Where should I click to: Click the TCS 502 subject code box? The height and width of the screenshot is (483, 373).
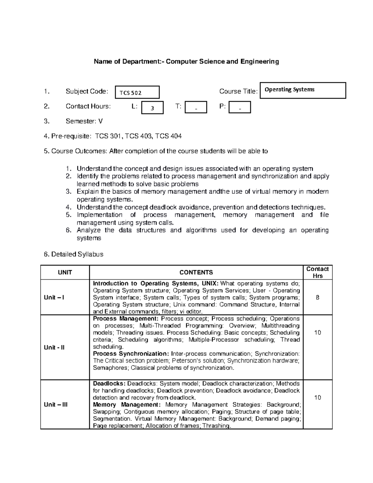(137, 92)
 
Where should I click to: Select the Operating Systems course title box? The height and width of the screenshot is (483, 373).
(303, 90)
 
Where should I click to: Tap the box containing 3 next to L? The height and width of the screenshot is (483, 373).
(152, 108)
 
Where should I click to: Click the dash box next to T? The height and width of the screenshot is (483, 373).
(196, 107)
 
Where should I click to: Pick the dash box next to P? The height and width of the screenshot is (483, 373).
(239, 107)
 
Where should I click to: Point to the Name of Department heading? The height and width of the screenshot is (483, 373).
(186, 62)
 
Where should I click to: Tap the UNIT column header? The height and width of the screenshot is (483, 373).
(65, 272)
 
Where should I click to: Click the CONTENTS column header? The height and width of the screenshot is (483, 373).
(196, 272)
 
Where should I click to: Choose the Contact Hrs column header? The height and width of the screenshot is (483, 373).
(317, 272)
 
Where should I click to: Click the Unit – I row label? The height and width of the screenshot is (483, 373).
(54, 297)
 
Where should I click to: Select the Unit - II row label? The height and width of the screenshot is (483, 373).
(54, 347)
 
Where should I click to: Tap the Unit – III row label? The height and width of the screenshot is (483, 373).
(56, 405)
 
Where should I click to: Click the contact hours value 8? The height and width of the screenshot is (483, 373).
(317, 297)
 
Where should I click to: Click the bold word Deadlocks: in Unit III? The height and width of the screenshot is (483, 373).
(109, 383)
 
